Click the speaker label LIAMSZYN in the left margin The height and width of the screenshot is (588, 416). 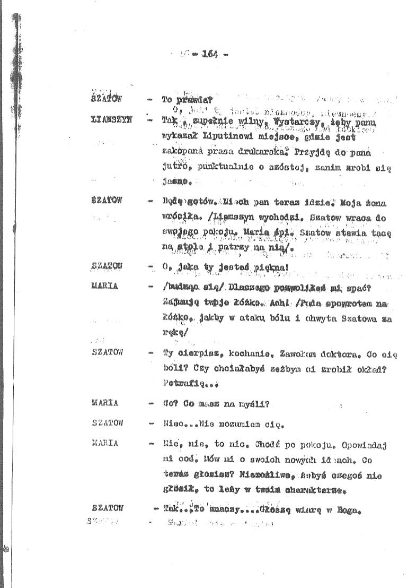110,120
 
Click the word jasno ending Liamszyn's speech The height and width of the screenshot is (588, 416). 175,183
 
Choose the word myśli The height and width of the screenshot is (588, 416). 255,404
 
